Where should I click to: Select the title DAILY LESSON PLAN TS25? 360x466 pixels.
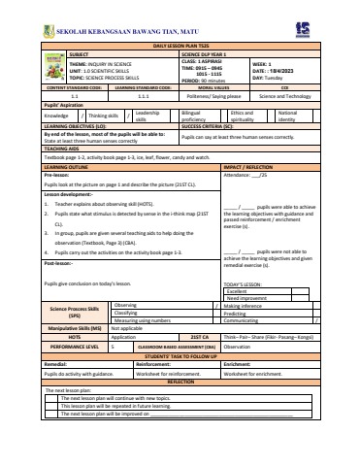click(x=180, y=46)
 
